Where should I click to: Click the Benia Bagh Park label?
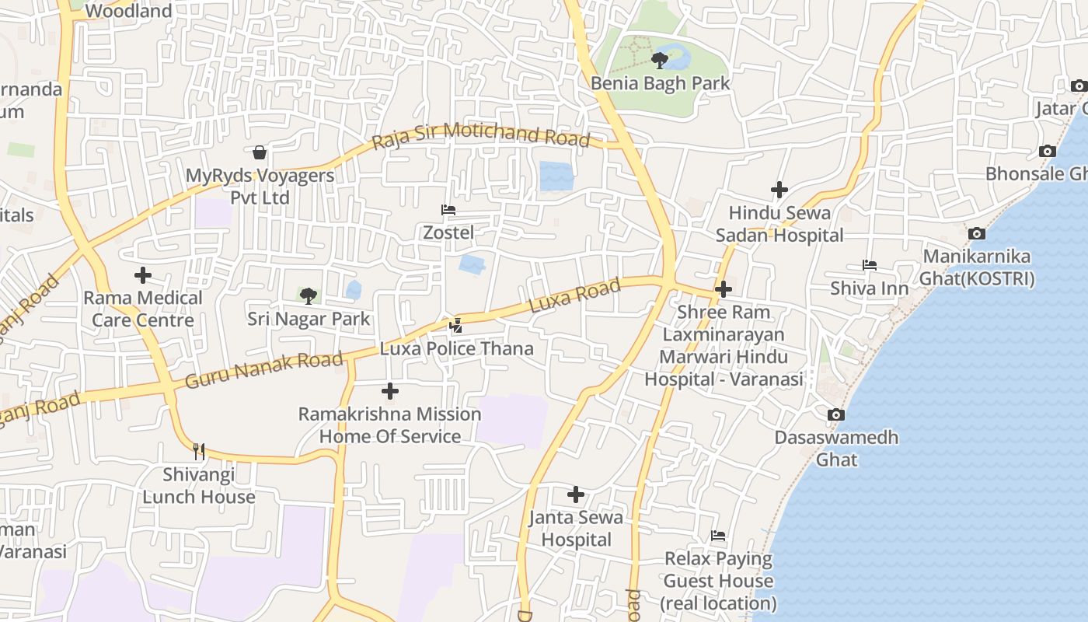point(660,82)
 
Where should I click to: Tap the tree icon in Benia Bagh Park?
point(660,60)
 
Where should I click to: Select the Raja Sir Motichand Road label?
point(481,135)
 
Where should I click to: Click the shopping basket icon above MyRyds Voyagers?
point(260,152)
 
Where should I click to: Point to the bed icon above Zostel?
point(448,210)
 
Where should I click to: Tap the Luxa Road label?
point(575,296)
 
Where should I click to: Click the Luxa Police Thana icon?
point(456,326)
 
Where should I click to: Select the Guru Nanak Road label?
point(264,370)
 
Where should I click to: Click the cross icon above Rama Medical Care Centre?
point(143,275)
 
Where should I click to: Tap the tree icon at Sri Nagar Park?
point(309,296)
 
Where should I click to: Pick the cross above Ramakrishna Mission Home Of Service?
point(390,391)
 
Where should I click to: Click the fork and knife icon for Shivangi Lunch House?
point(199,451)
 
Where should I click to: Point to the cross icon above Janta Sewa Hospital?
point(576,494)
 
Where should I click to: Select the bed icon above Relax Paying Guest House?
point(718,536)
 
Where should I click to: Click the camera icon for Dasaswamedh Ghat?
point(836,415)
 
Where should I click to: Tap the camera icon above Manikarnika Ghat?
point(977,233)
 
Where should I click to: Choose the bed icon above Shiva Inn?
point(870,266)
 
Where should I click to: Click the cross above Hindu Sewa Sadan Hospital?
point(779,190)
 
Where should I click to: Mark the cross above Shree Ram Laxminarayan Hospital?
point(724,289)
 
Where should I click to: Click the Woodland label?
point(128,11)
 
